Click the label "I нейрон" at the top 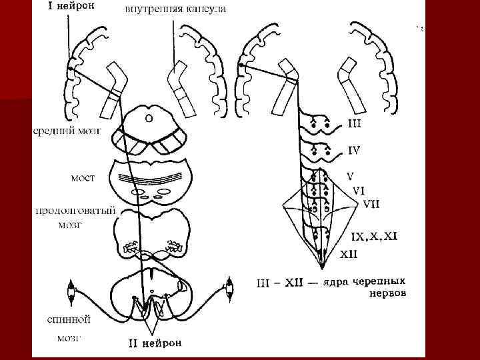click(x=69, y=7)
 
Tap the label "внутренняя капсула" click(x=175, y=9)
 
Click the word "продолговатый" click(x=75, y=211)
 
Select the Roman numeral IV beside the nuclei click(x=355, y=151)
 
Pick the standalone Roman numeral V click(x=349, y=176)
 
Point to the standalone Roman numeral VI click(x=359, y=190)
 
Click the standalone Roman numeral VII click(x=372, y=203)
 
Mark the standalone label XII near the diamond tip click(x=349, y=254)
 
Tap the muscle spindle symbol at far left click(x=72, y=289)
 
